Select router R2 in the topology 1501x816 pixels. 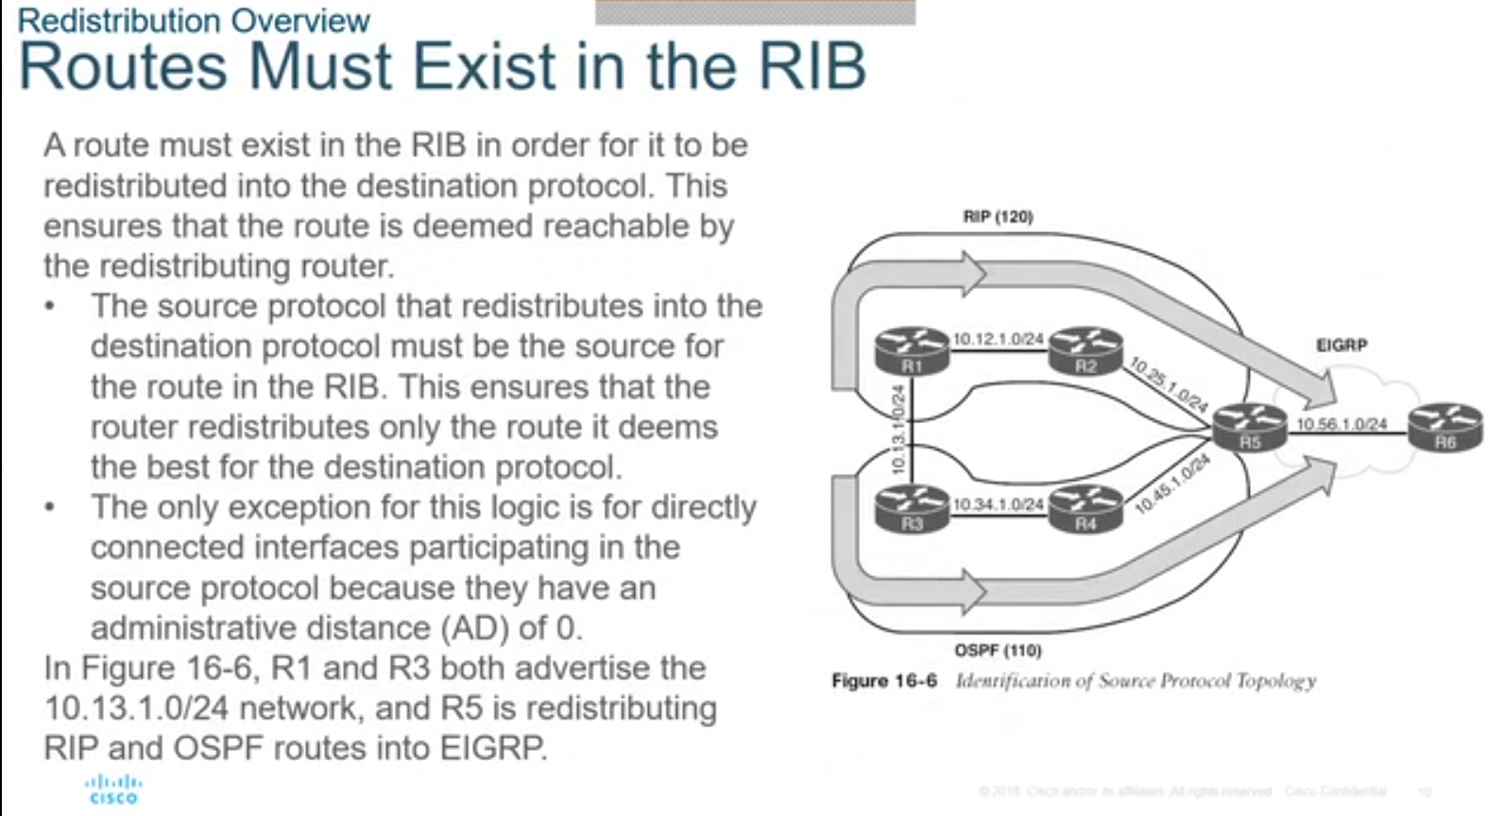tap(1085, 350)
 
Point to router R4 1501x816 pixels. tap(1085, 508)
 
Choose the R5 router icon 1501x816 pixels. tap(1250, 427)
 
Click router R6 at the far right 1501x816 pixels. tap(1444, 427)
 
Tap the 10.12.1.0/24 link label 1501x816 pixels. tap(998, 338)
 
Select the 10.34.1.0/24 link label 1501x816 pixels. tap(998, 504)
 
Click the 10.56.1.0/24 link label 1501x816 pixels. tap(1341, 424)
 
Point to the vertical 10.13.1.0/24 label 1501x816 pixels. tap(898, 430)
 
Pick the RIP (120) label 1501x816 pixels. tap(998, 216)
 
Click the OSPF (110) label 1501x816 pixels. tap(998, 651)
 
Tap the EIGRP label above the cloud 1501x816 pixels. tap(1341, 345)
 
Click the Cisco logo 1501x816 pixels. tap(113, 790)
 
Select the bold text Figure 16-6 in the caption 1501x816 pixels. tap(884, 681)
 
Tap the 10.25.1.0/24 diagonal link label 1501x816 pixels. tap(1168, 384)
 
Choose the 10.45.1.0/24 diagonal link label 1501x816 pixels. tap(1172, 484)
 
